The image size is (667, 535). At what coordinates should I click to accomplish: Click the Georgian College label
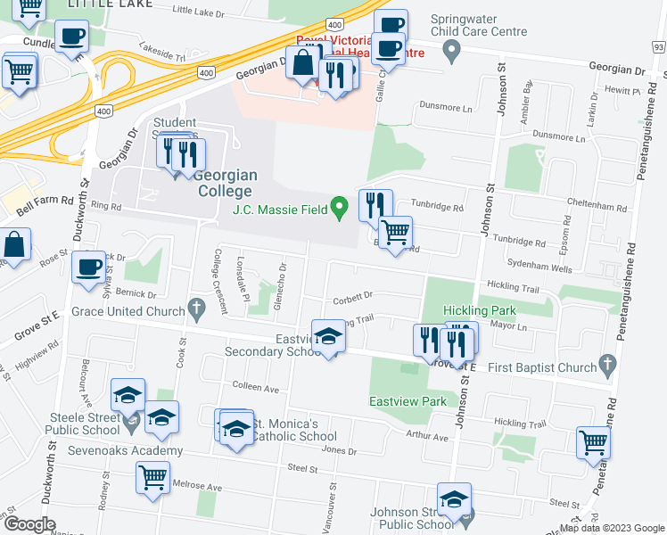225,183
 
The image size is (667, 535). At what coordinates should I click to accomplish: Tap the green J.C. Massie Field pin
338,210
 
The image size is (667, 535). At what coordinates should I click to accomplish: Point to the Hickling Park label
480,310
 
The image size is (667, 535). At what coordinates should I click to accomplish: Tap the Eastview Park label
408,401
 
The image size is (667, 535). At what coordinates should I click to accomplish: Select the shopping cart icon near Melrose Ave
152,476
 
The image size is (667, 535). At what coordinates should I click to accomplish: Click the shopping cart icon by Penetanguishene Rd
593,440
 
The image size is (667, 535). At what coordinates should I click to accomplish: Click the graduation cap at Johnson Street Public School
454,499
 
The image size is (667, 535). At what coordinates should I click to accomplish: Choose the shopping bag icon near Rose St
15,243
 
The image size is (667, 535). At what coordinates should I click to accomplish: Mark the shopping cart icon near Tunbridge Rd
395,232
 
